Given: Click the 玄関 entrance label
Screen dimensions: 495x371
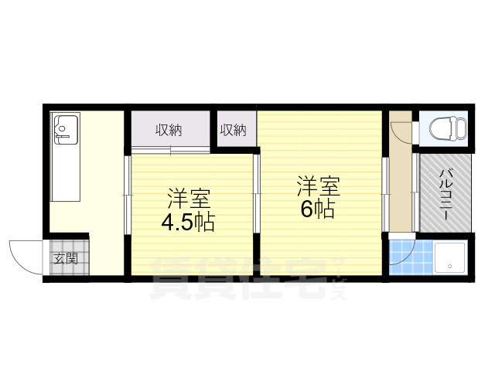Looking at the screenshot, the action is [x=66, y=259].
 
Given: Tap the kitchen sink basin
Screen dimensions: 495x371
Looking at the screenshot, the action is [x=66, y=130].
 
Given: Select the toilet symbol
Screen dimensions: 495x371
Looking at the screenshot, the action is [x=448, y=128].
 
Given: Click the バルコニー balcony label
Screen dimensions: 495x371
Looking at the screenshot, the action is [x=445, y=195].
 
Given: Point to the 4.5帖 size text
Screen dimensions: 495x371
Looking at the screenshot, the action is [x=188, y=223].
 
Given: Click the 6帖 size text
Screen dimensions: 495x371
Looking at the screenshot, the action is [x=318, y=209].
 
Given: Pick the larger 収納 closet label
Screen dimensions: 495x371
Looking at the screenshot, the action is [x=169, y=130].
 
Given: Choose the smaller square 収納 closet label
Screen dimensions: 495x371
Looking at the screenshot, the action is [x=234, y=130].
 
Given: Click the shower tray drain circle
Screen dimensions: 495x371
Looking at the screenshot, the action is [x=450, y=266].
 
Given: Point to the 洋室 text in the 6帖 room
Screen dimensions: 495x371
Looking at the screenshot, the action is [x=319, y=187].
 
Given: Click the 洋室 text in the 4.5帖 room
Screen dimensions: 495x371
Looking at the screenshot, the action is [x=189, y=199].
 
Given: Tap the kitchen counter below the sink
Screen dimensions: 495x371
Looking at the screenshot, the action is [x=66, y=173].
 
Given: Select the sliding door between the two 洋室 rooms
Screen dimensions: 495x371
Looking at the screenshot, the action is [x=256, y=193].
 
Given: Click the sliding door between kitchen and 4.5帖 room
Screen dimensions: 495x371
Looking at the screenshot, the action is [x=128, y=195].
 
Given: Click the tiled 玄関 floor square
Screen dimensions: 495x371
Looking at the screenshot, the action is [x=70, y=257].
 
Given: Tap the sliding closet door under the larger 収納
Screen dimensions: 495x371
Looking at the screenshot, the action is [x=171, y=150].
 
